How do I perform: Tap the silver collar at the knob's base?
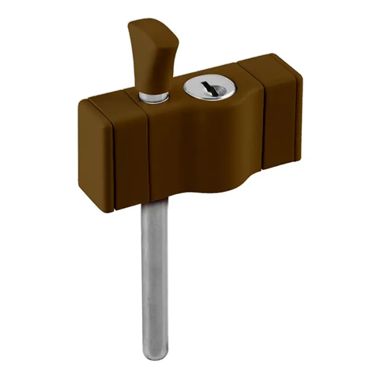coord(154,95)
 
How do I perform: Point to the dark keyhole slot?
coord(205,88)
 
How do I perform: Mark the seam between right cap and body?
coord(263,116)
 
